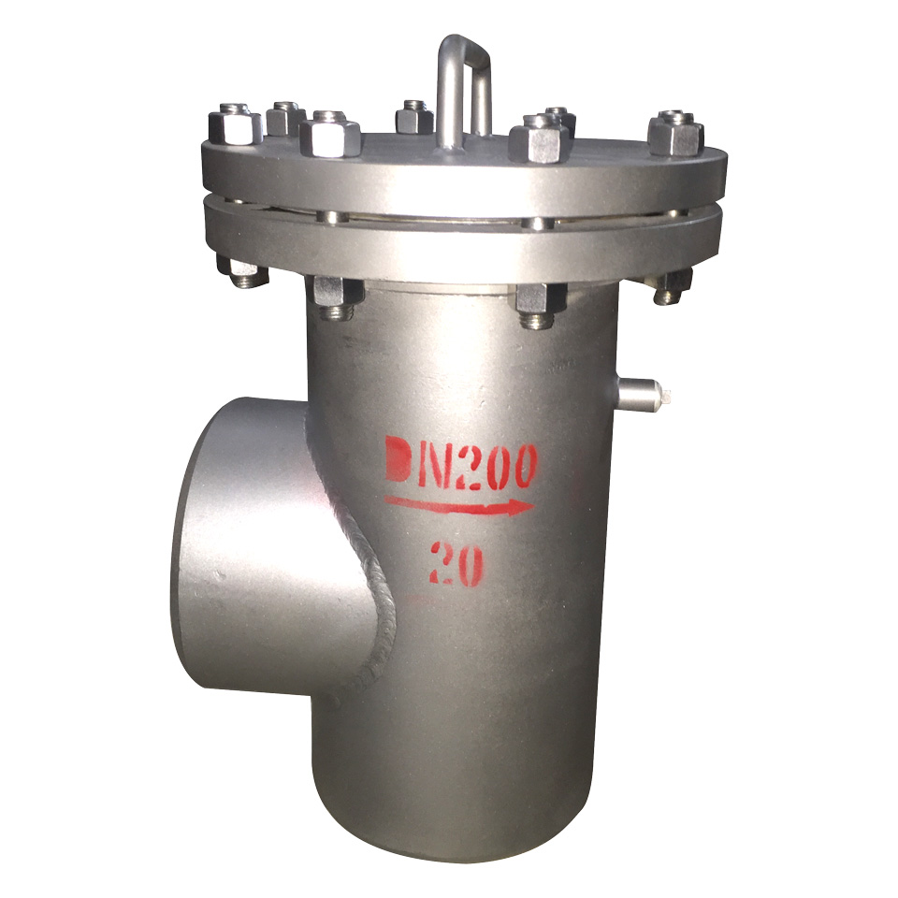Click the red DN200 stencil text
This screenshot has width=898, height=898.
461,462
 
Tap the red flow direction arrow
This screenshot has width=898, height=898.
460,504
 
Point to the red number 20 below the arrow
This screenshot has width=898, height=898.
456,563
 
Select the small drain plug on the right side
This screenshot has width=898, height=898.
643,395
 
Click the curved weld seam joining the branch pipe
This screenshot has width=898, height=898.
355,550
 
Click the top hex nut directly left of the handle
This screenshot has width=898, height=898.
414,118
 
